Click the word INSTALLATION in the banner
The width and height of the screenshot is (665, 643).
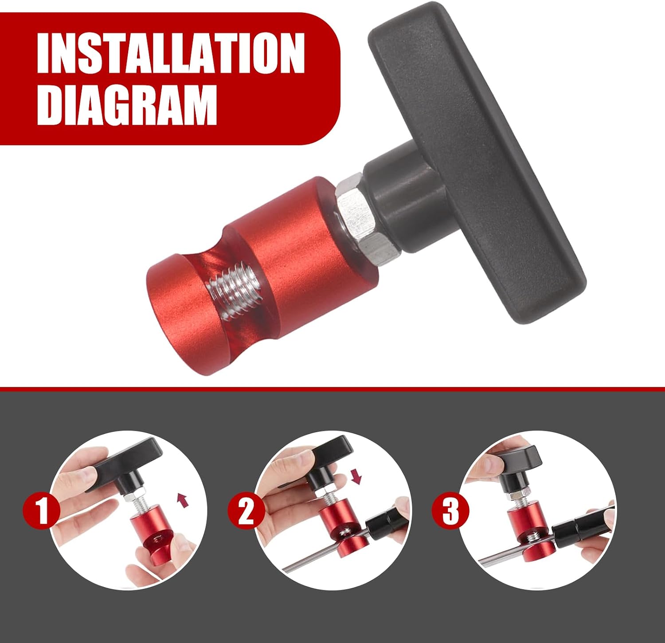click(171, 53)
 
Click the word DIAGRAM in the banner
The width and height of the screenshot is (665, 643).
click(127, 105)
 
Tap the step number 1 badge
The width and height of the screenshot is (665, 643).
click(42, 510)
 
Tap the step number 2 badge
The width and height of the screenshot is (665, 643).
click(246, 511)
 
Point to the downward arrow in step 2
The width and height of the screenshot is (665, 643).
click(356, 477)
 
